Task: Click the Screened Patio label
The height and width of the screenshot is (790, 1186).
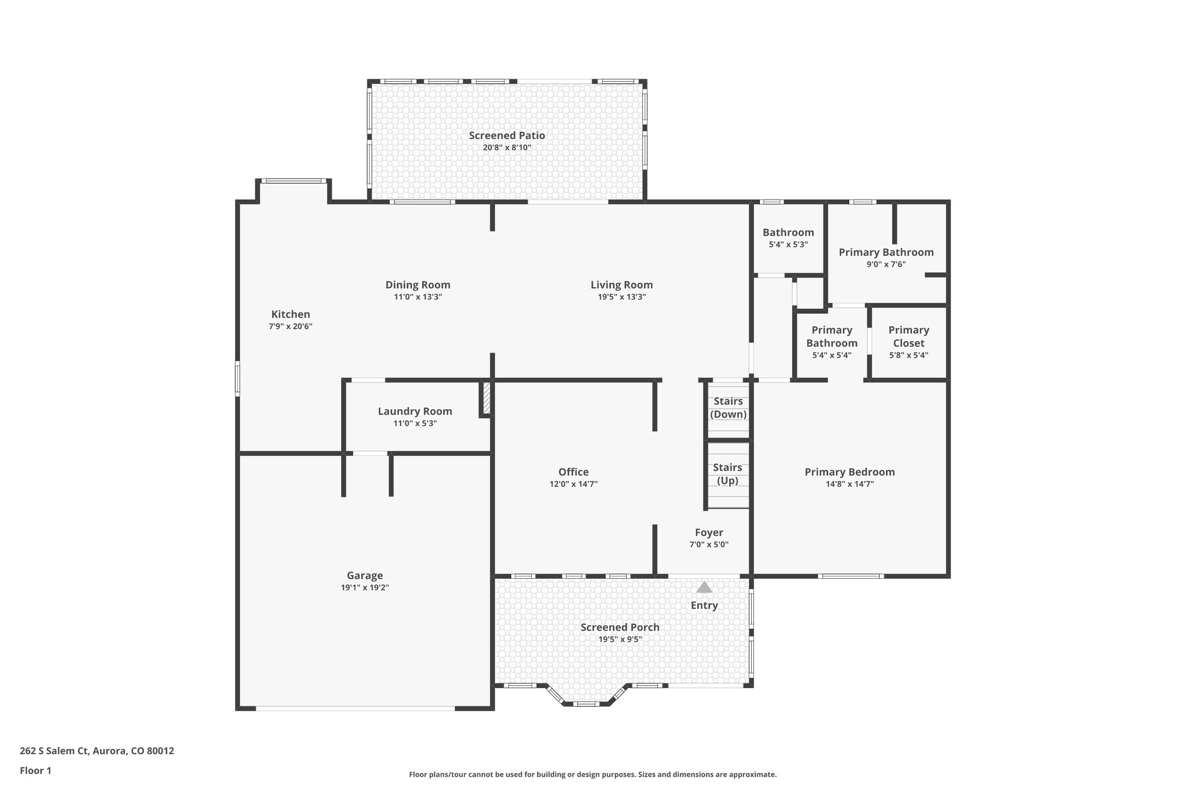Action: [507, 135]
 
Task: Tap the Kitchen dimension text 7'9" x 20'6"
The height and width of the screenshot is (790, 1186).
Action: [290, 326]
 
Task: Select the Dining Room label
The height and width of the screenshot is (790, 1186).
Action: [418, 285]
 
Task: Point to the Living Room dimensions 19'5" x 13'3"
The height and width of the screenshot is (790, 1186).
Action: [621, 297]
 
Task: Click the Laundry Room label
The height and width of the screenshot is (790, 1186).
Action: [415, 411]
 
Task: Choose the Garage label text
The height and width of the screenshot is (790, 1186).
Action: [365, 575]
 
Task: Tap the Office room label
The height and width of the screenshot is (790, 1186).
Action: [573, 472]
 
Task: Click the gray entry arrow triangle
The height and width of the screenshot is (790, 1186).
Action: [704, 587]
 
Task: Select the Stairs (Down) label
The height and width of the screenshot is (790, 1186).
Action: [728, 407]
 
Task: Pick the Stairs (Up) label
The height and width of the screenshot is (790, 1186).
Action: [727, 473]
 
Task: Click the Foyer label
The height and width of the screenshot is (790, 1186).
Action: [709, 532]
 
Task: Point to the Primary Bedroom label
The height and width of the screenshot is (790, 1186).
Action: [850, 472]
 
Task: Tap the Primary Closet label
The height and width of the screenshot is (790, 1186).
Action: [909, 336]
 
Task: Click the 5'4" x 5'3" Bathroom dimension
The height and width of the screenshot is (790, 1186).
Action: [788, 245]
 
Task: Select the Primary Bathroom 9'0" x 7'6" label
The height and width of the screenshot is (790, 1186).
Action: [886, 252]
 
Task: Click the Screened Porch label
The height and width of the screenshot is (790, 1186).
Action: [620, 627]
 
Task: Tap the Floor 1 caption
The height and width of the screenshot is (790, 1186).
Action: [35, 771]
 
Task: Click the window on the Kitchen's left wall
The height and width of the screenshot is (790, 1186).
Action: [237, 379]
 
